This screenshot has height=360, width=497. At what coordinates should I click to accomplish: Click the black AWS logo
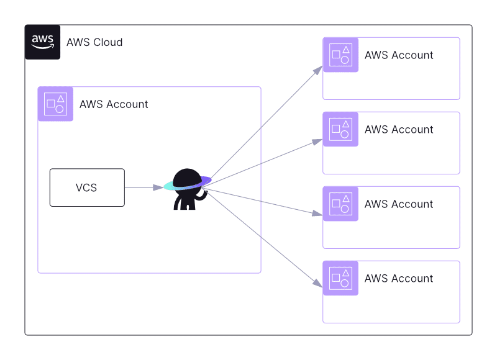42,42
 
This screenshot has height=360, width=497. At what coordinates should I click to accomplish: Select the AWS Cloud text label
94,42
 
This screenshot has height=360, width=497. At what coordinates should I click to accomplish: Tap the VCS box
87,187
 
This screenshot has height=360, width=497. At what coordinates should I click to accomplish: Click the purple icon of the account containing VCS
55,104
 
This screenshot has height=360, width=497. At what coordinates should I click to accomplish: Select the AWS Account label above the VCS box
114,104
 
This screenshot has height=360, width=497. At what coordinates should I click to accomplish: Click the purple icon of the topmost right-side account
340,55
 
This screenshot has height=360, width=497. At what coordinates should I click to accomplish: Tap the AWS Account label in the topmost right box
399,55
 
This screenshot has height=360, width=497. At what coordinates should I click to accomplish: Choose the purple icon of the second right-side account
340,129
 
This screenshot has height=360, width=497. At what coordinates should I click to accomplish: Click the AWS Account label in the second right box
399,130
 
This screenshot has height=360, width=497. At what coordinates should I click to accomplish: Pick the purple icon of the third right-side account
340,204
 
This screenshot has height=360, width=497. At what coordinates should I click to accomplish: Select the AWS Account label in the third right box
399,204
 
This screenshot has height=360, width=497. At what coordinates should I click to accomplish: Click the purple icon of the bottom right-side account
340,278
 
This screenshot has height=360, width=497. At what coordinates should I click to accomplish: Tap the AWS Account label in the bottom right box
399,279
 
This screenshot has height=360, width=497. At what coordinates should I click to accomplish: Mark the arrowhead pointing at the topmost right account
317,70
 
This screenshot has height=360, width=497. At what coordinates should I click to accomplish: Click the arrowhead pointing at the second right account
317,142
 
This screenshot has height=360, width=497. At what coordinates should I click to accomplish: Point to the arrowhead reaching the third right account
317,214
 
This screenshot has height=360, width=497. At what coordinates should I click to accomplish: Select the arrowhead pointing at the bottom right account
317,284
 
